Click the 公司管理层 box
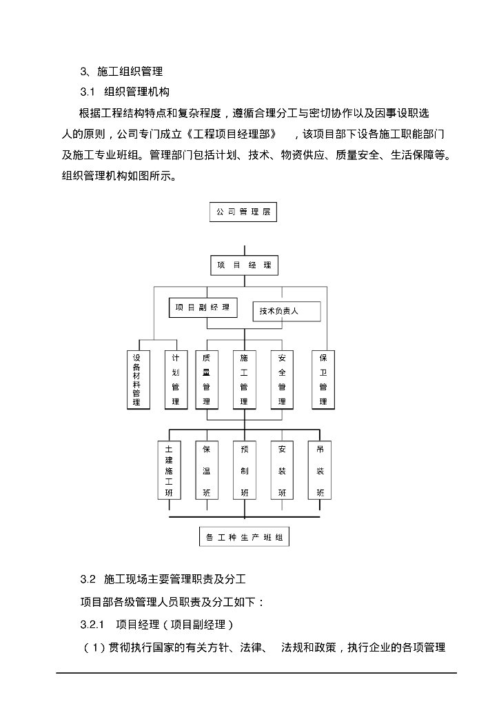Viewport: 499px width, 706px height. coord(243,212)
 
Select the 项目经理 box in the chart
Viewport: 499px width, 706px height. coord(244,265)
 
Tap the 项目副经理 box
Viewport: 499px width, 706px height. coord(203,307)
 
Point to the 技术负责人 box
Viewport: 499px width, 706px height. coord(286,311)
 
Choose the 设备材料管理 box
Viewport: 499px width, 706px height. coord(136,379)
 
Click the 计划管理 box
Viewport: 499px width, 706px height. coord(176,379)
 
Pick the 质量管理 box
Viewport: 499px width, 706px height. coord(206,379)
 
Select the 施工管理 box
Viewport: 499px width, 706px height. coord(244,379)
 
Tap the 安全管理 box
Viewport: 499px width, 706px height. coord(282,379)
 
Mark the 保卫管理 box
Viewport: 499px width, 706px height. coord(323,379)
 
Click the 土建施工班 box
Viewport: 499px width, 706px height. coord(169,471)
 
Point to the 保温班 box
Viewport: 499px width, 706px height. coord(206,471)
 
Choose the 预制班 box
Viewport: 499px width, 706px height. coord(244,471)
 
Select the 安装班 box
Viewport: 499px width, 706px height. coord(282,471)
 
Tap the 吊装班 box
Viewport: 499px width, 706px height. coord(320,471)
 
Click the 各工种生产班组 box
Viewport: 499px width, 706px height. coord(244,537)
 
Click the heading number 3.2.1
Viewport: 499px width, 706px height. coord(92,625)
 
